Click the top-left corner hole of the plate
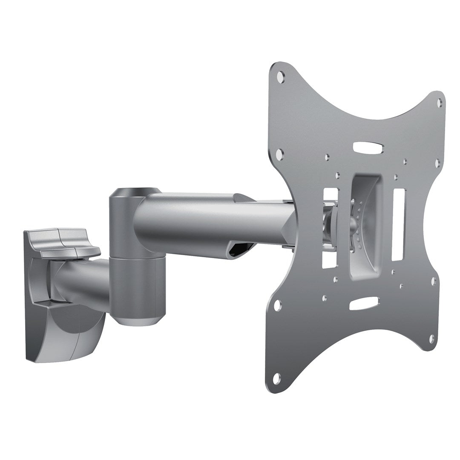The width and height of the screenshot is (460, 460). pyautogui.click(x=280, y=77)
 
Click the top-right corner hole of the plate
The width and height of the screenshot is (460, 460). pyautogui.click(x=440, y=102)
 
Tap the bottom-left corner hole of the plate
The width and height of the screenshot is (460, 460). pyautogui.click(x=277, y=377)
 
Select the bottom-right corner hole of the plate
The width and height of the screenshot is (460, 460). pyautogui.click(x=431, y=339)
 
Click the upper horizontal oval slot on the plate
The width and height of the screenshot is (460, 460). pyautogui.click(x=368, y=148)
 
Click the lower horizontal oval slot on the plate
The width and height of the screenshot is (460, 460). pyautogui.click(x=363, y=303)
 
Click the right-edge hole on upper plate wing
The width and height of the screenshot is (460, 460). pyautogui.click(x=437, y=162)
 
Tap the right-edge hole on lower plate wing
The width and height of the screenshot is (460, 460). pyautogui.click(x=434, y=282)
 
